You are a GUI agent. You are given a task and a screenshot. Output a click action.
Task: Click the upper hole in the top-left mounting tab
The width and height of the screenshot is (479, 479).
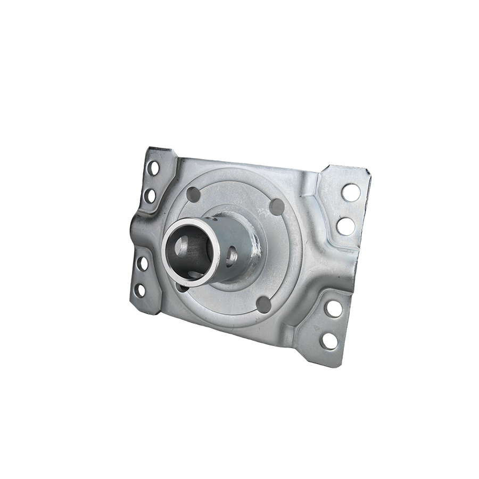pos(153,169)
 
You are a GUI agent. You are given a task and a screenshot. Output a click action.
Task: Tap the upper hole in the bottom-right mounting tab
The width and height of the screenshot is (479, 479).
pos(334,308)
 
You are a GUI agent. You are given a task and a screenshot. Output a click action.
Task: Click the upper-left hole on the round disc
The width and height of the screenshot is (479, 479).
pos(194,195)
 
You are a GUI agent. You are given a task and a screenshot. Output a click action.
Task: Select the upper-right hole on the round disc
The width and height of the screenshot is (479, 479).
pos(277,205)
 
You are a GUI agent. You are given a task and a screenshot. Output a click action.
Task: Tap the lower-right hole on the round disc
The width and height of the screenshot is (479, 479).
pos(262,304)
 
